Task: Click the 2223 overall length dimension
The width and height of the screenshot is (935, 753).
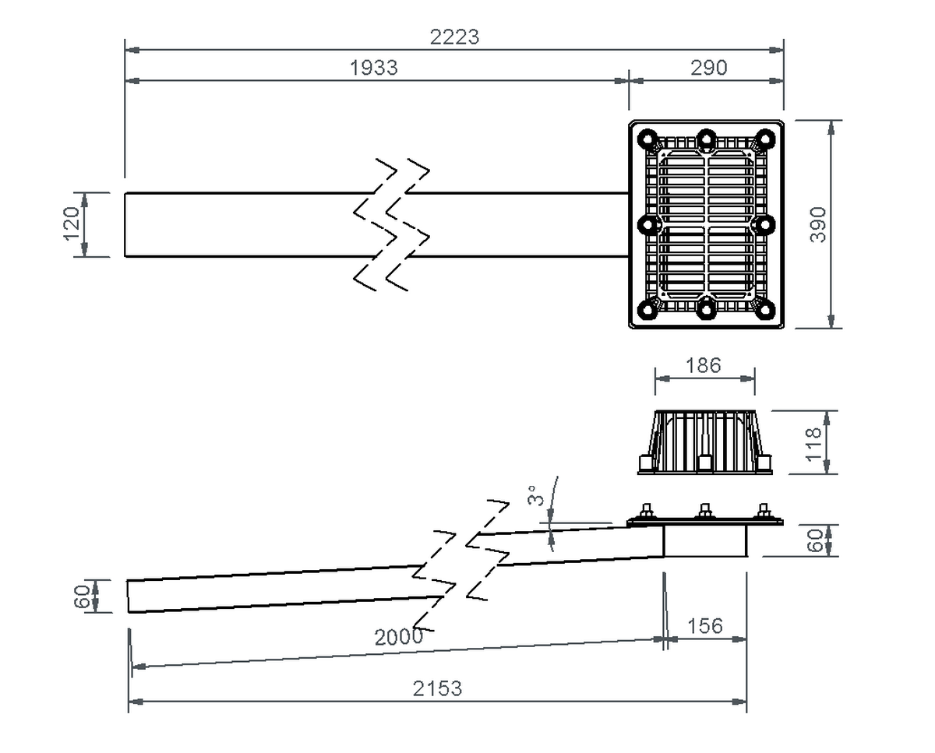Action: pos(455,37)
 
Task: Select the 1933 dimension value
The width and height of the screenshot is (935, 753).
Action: pos(374,68)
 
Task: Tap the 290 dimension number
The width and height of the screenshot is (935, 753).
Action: pos(708,68)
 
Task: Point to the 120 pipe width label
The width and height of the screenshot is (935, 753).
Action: pos(72,224)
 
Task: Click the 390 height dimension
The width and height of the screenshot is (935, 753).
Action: pos(817,224)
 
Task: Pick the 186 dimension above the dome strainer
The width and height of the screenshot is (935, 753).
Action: pos(704,364)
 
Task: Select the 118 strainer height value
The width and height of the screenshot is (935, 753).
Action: pos(814,443)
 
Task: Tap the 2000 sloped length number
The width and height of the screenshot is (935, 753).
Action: pos(399,637)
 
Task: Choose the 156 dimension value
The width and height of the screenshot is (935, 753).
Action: pos(705,625)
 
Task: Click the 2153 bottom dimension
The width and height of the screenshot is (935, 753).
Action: pos(437,688)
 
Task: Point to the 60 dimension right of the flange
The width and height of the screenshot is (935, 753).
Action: pos(815,540)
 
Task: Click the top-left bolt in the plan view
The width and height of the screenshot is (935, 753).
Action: pos(647,139)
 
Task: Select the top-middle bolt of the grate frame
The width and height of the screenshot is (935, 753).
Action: pos(706,139)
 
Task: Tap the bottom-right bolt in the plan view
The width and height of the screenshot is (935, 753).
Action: pos(765,310)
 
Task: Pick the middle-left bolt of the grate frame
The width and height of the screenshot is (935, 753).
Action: pos(647,225)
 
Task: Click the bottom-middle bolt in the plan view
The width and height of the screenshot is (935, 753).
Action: pos(706,309)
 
